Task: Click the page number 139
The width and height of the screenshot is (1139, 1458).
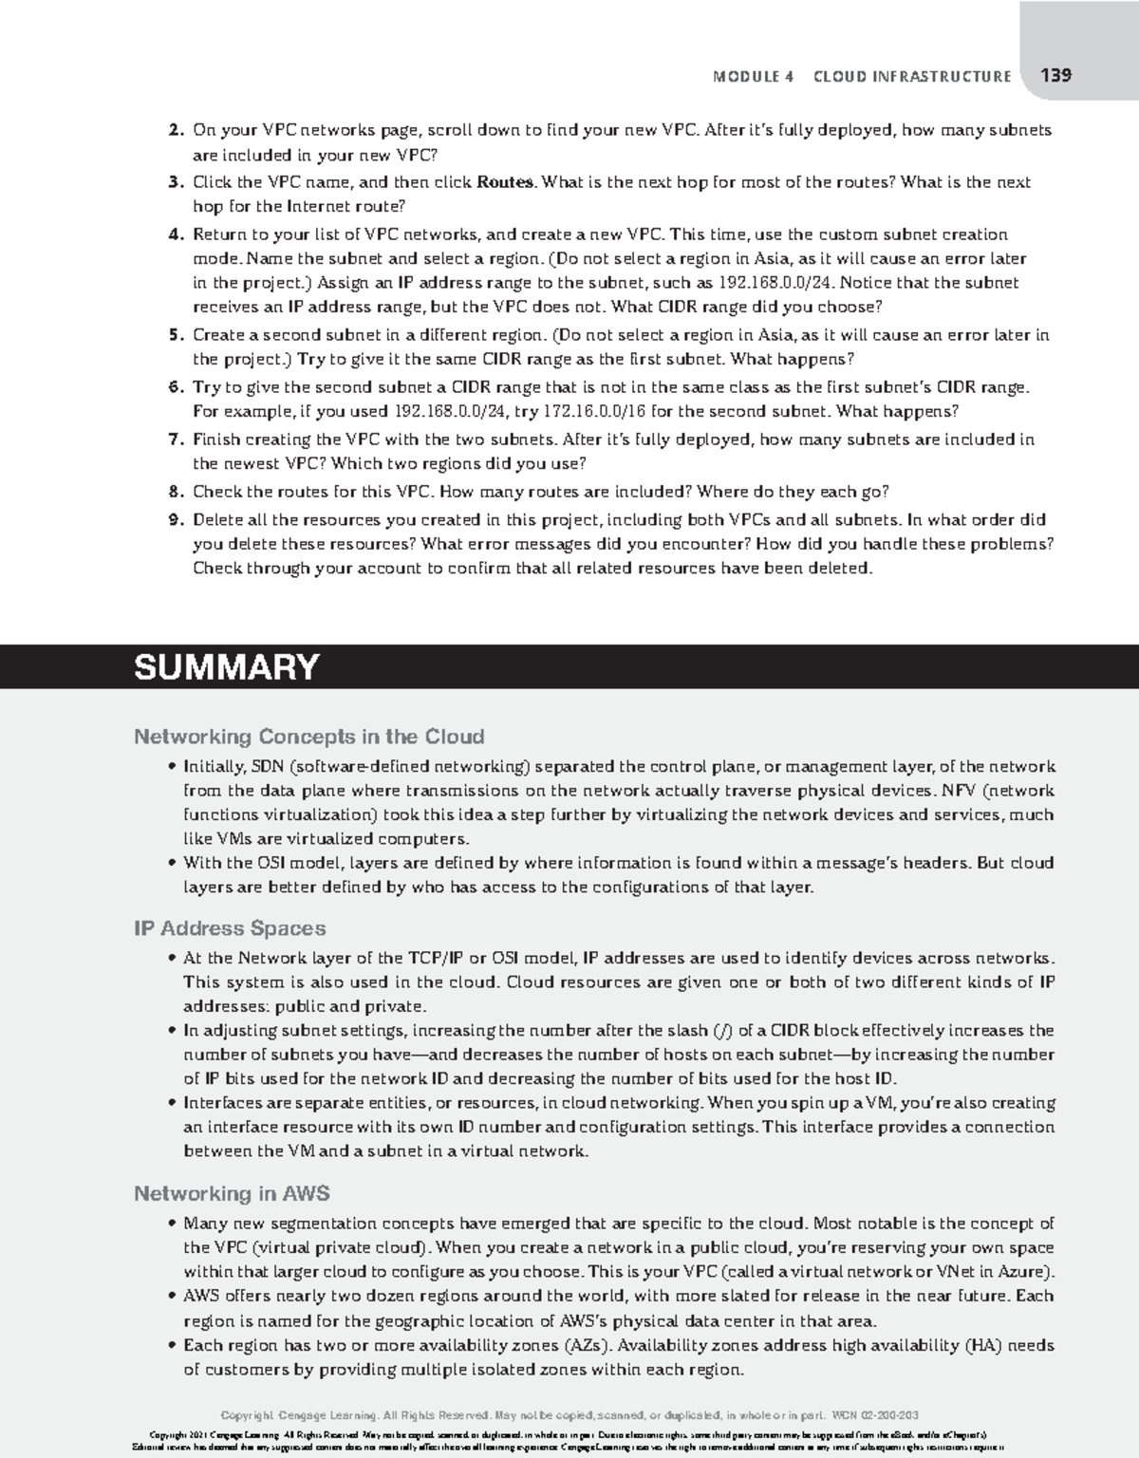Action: [x=1055, y=76]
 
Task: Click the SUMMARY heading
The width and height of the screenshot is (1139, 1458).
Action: [x=226, y=667]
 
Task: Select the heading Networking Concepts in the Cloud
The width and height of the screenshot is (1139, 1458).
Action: [x=308, y=737]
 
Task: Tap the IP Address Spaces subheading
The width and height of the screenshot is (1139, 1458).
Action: [x=230, y=928]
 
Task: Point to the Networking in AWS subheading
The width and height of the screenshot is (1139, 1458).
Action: [x=232, y=1194]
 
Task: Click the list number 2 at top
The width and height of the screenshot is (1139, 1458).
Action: [x=175, y=130]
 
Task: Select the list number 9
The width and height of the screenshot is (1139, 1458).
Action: [x=175, y=520]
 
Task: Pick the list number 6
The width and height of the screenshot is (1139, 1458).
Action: [x=175, y=387]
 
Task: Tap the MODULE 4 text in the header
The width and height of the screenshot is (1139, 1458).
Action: [x=753, y=77]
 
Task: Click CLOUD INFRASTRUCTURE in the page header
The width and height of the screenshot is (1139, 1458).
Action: [x=912, y=77]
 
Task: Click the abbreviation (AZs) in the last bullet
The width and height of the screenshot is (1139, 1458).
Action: [x=588, y=1346]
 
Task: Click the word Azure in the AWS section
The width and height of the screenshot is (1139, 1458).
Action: [x=1021, y=1272]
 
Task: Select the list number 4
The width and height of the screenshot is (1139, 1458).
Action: [x=175, y=234]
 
